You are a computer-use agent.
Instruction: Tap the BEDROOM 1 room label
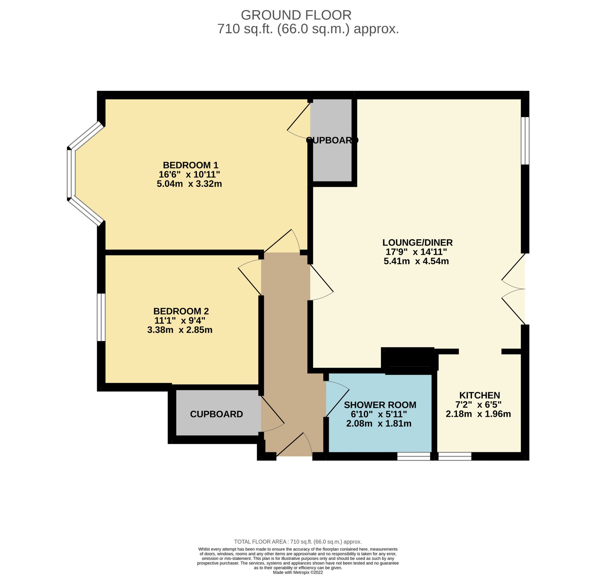tap(191, 165)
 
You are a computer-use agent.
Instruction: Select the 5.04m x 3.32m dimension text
tap(189, 184)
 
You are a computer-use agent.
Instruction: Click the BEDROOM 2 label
tap(181, 311)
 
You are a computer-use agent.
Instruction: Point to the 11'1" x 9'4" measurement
tap(180, 321)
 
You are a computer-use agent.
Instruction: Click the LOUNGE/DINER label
tap(417, 242)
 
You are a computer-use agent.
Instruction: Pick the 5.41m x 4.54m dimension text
tap(416, 261)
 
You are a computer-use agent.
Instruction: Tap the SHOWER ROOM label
tap(380, 405)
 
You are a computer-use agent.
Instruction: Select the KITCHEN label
tap(479, 395)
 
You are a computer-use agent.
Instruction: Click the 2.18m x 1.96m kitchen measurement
tap(478, 414)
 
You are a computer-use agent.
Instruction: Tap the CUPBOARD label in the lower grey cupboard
tap(217, 414)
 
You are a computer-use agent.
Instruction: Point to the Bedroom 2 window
tap(101, 318)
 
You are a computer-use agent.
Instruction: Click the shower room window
tap(414, 456)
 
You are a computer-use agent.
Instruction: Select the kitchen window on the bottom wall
tap(455, 456)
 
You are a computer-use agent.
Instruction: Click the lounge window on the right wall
tap(525, 141)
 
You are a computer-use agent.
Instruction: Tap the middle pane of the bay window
tap(71, 174)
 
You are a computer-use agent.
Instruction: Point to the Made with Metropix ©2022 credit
tap(298, 572)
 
